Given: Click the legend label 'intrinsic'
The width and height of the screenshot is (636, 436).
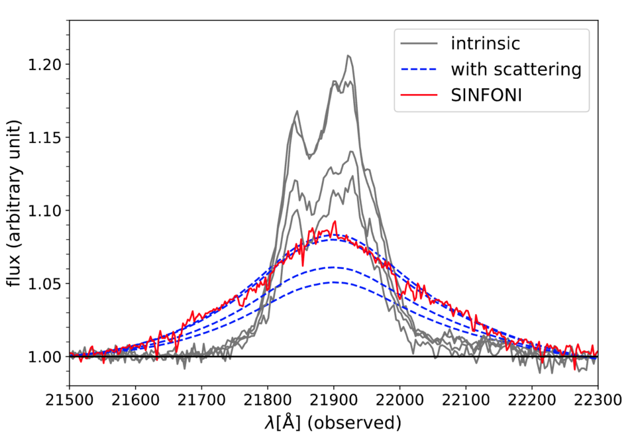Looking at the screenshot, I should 485,44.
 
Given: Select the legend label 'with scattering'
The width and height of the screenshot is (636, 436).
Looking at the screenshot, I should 516,69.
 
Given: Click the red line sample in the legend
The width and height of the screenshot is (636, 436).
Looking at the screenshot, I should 419,95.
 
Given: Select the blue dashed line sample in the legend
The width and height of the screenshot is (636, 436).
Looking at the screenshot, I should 419,69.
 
